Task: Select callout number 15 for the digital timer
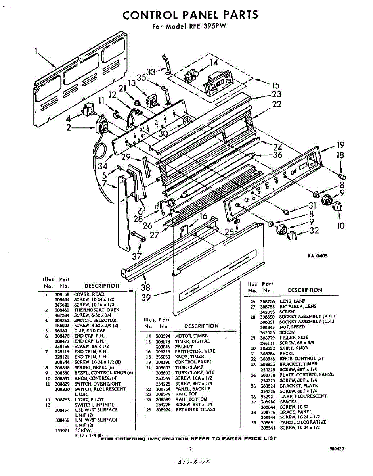click(275, 85)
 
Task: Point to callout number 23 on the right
click(276, 94)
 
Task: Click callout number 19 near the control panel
click(340, 145)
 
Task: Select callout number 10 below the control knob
click(340, 226)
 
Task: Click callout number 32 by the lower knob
click(314, 230)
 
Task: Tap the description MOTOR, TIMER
click(191, 336)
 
